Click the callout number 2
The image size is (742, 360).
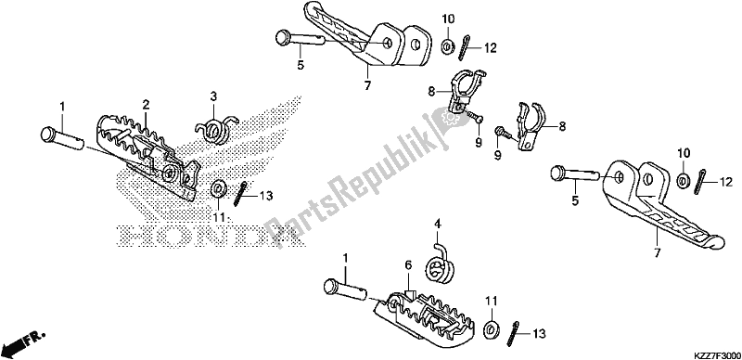tap(147, 104)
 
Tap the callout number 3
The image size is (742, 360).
tap(213, 96)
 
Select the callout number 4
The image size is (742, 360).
tap(438, 223)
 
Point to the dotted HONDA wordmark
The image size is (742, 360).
tap(210, 235)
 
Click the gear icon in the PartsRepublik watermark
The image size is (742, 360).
tap(448, 116)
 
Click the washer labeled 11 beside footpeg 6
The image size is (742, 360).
tap(492, 328)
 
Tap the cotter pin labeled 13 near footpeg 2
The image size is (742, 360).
tap(239, 194)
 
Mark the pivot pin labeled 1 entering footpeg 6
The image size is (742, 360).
tap(345, 289)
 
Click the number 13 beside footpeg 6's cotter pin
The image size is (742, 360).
tap(539, 333)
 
